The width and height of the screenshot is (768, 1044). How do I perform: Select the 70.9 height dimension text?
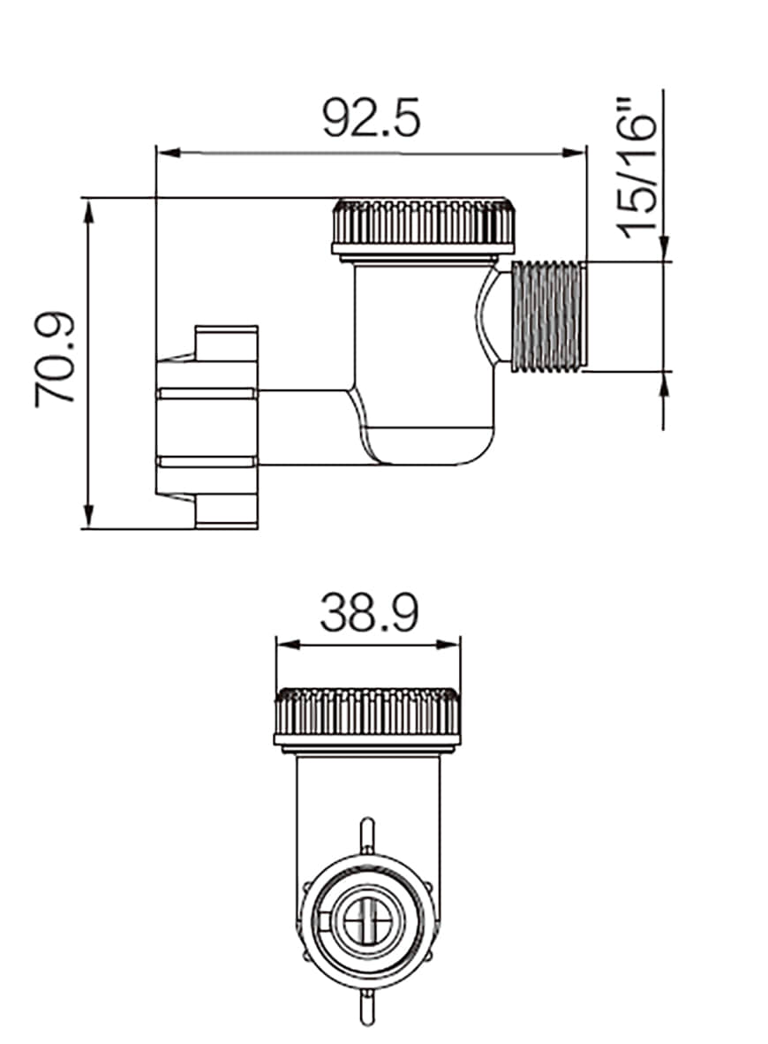(x=56, y=361)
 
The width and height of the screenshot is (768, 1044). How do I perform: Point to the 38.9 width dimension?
(x=368, y=612)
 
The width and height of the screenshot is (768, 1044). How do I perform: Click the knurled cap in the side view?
(x=423, y=226)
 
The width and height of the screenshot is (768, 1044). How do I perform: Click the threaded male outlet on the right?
(x=548, y=316)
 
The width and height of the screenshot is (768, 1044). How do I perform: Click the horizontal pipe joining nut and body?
(x=300, y=427)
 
